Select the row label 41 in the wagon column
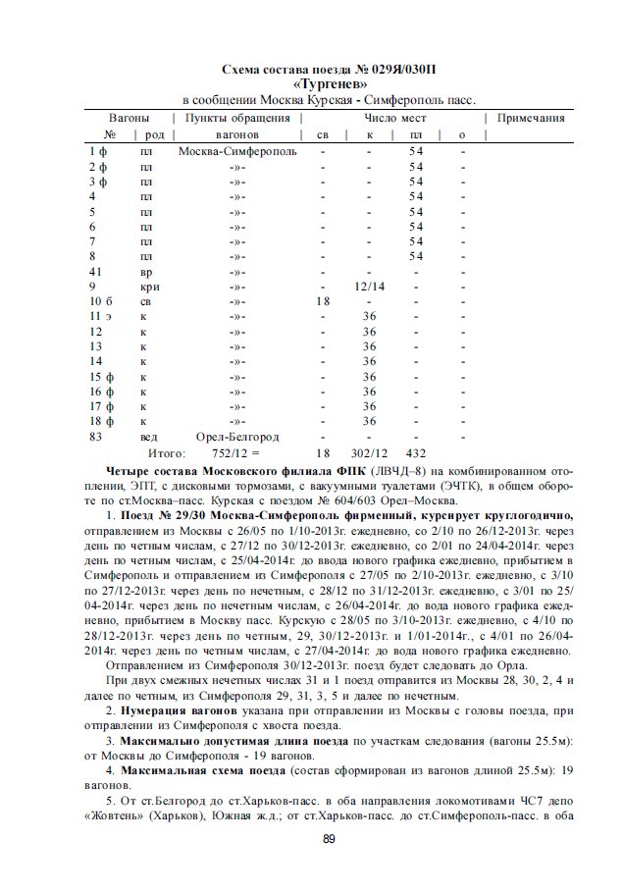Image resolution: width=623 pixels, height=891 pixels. pyautogui.click(x=96, y=272)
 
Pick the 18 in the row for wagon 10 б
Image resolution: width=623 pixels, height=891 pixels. pyautogui.click(x=322, y=302)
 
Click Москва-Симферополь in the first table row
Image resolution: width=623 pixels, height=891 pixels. pyautogui.click(x=237, y=152)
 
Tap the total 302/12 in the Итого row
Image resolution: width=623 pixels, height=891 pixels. pyautogui.click(x=370, y=453)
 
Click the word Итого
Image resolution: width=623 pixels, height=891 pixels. pyautogui.click(x=166, y=453)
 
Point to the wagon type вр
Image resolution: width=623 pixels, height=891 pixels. pyautogui.click(x=146, y=272)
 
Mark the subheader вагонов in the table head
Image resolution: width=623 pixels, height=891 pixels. pyautogui.click(x=236, y=133)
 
